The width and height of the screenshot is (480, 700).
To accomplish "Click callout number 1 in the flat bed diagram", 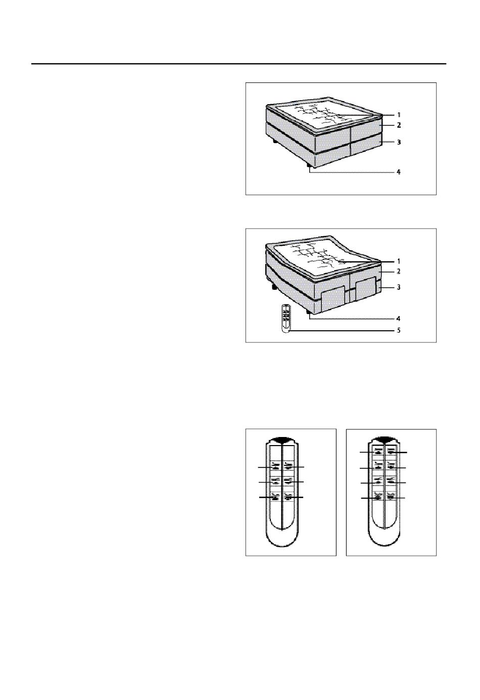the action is (x=399, y=115).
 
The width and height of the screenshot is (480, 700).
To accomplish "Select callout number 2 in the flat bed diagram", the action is (x=399, y=125).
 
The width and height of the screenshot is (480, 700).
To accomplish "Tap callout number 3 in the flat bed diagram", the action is (x=399, y=142).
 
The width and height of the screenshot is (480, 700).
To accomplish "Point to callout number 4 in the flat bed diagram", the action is (x=399, y=172).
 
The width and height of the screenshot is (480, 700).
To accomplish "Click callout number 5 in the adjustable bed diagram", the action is (x=399, y=330).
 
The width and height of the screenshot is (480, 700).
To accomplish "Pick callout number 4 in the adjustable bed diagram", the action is (x=399, y=319).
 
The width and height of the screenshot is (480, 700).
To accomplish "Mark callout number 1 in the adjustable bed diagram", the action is (x=399, y=261).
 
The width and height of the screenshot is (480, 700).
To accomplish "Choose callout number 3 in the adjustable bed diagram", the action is (x=399, y=287).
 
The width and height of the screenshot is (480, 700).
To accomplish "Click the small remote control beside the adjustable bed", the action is (x=286, y=319).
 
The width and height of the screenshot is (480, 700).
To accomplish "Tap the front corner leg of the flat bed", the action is (x=310, y=165).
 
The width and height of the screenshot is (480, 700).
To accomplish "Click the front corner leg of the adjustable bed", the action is (x=309, y=313).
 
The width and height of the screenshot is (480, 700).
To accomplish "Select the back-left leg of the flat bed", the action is (x=275, y=141).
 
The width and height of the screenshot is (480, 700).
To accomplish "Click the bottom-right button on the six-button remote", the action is (x=288, y=497).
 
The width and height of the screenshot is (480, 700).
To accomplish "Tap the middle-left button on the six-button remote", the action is (x=275, y=482).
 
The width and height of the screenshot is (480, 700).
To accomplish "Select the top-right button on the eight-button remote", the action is (x=391, y=452).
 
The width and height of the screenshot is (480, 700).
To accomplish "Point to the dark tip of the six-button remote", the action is (x=281, y=439).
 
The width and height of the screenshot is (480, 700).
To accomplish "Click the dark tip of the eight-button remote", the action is (x=384, y=439).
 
